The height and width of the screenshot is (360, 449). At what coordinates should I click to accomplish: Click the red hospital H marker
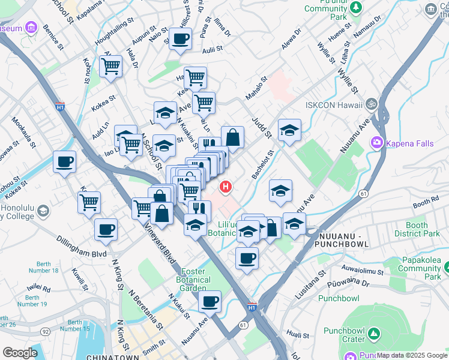pyautogui.click(x=226, y=187)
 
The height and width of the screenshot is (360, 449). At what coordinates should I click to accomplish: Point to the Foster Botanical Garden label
pyautogui.click(x=193, y=280)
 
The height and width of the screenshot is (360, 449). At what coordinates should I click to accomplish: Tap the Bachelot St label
pyautogui.click(x=263, y=164)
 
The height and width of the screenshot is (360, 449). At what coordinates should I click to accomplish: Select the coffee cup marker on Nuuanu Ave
pyautogui.click(x=209, y=301)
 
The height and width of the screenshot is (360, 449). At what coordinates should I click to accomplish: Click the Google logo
pyautogui.click(x=19, y=353)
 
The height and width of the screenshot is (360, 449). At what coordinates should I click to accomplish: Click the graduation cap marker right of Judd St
pyautogui.click(x=289, y=130)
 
